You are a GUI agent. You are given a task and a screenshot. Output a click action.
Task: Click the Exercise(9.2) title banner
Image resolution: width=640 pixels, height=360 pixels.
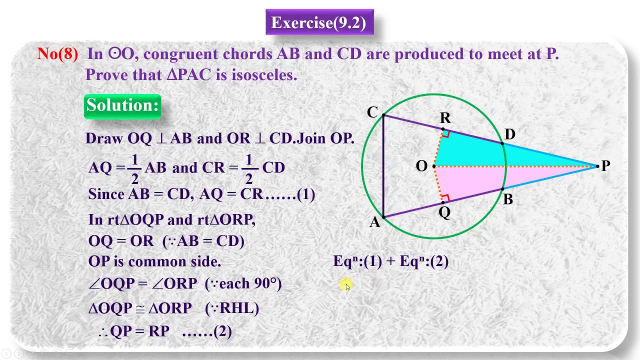[319, 22]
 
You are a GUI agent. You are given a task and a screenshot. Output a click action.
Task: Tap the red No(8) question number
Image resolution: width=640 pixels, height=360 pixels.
[57, 54]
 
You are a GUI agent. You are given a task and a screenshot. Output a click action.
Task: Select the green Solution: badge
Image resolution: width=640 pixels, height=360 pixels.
[122, 105]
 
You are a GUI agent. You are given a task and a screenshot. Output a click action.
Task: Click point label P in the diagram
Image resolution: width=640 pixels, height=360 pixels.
[605, 166]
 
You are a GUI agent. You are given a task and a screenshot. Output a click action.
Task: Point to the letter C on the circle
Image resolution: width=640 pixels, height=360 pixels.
[372, 112]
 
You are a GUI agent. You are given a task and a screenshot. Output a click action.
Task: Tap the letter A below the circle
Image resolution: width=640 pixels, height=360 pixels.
[374, 223]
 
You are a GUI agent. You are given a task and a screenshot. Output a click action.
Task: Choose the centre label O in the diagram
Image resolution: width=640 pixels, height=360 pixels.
[421, 166]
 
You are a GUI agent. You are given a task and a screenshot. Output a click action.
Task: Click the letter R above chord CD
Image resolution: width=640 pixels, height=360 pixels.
[445, 118]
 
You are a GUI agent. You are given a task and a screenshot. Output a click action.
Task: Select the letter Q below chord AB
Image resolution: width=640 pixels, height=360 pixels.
[444, 213]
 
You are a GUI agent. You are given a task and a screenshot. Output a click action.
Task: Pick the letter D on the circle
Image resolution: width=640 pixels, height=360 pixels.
[509, 134]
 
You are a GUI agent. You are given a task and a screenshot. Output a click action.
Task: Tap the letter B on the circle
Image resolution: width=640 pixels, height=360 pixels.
[508, 200]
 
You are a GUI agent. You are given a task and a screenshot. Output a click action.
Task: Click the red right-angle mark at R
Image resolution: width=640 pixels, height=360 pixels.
[446, 134]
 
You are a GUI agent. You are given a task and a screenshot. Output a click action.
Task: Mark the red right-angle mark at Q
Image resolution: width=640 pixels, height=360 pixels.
[446, 197]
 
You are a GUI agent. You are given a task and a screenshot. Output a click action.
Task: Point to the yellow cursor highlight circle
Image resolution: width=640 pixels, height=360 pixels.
[346, 285]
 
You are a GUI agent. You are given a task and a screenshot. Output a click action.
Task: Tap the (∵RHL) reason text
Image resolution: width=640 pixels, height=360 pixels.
[232, 308]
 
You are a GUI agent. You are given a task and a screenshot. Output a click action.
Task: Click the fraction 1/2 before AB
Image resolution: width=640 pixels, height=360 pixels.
[134, 168]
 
